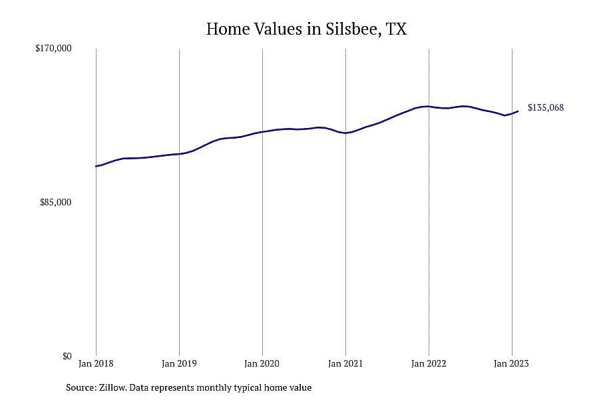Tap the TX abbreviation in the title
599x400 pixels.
point(396,29)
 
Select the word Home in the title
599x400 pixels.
point(228,29)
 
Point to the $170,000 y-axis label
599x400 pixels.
point(53,48)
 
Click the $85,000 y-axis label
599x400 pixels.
point(55,202)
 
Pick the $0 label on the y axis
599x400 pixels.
point(67,356)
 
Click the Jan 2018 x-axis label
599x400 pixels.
point(96,363)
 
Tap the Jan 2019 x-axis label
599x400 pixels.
point(179,363)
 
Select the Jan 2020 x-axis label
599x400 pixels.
point(262,363)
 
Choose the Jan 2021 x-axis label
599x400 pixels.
point(345,363)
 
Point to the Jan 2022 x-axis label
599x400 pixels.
point(429,363)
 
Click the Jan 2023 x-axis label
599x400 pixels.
point(512,363)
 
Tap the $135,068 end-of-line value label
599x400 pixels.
point(546,107)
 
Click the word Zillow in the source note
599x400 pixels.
point(112,388)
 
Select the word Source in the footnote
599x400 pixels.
point(81,388)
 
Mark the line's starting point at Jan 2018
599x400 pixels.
point(96,166)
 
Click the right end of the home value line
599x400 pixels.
point(518,111)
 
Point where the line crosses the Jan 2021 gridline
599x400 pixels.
point(345,133)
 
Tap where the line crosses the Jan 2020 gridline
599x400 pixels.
point(262,132)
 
